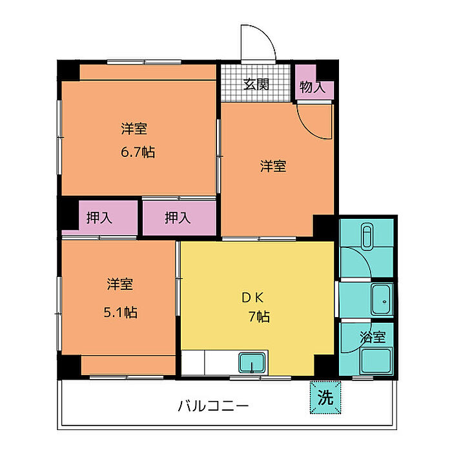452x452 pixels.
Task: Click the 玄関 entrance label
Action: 256,84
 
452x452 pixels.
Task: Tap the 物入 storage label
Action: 313,87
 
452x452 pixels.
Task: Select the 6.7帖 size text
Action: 138,152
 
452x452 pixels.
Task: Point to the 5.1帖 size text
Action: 121,312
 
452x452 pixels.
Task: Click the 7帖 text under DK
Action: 259,316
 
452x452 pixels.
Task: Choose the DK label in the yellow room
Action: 252,298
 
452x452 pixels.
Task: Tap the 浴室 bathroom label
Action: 373,337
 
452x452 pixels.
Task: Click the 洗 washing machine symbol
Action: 325,398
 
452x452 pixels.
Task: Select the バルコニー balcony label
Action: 213,406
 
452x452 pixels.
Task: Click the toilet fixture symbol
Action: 367,236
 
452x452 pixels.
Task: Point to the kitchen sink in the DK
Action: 252,362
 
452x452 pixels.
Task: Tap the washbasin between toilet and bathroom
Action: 382,299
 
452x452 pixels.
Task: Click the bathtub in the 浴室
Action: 376,360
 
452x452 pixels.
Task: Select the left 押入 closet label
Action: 99,218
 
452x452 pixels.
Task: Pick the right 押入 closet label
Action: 178,218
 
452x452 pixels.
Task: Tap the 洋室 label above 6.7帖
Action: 134,128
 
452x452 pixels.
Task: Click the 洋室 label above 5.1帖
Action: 120,284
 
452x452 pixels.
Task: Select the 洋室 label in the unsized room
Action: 273,166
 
